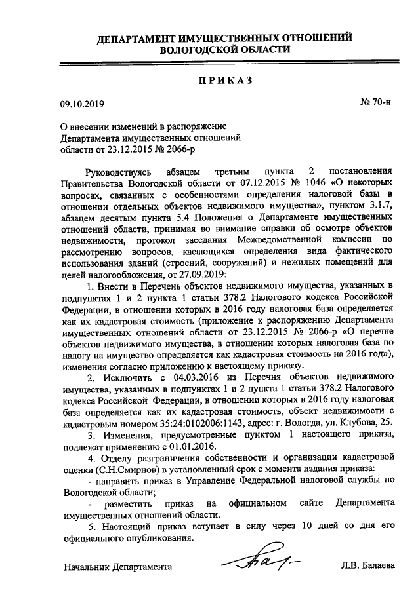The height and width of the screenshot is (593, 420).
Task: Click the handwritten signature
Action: click(259, 562)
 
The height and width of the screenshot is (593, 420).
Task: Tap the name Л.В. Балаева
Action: click(368, 565)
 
